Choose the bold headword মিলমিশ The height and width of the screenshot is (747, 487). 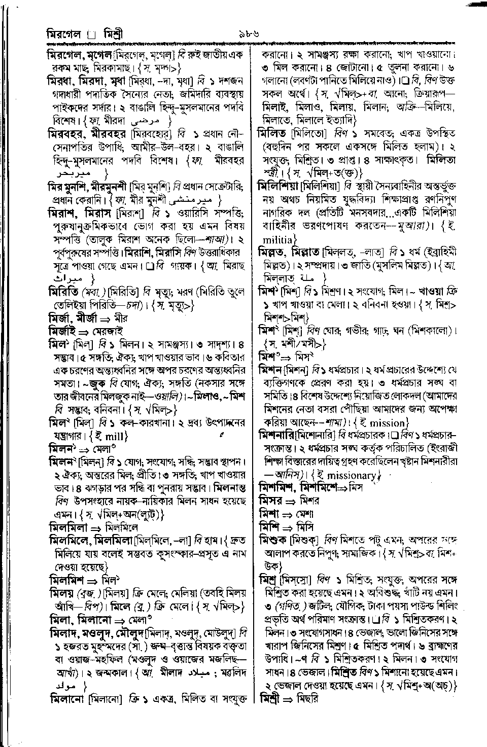(x=68, y=579)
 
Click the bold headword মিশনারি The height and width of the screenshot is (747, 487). (x=278, y=435)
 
